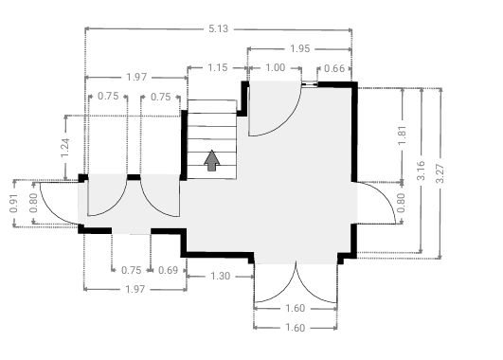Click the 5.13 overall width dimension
click(218, 28)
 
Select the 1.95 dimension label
click(300, 48)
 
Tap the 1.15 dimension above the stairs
click(218, 67)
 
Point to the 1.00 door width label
click(276, 67)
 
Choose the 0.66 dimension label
click(334, 68)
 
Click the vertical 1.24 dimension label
click(65, 148)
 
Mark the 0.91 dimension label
click(14, 203)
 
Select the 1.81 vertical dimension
click(403, 135)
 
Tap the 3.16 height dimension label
click(422, 171)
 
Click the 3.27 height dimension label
click(440, 173)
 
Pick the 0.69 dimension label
click(168, 270)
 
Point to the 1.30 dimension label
click(221, 276)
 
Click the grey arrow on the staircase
click(212, 160)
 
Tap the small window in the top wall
click(310, 84)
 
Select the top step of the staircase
click(212, 106)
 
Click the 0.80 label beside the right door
click(401, 203)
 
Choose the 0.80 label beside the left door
click(33, 203)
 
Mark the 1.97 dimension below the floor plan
click(135, 289)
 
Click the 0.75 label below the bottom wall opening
click(132, 270)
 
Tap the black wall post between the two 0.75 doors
click(134, 177)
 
